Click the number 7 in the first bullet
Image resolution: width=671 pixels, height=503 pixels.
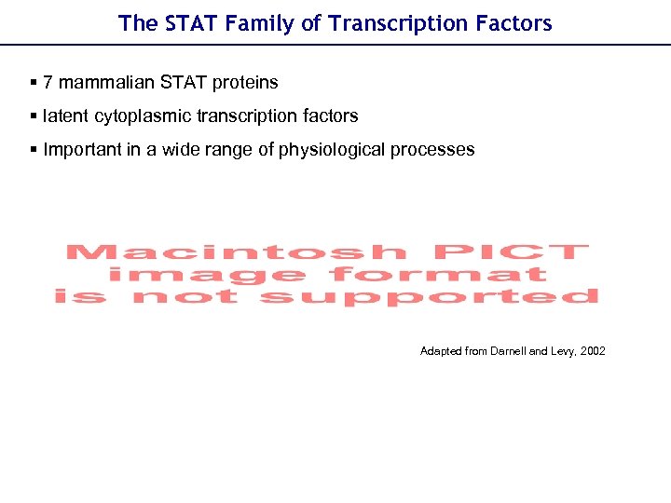point(48,83)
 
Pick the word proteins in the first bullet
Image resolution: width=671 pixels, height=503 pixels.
point(245,83)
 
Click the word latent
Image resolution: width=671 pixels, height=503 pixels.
point(65,116)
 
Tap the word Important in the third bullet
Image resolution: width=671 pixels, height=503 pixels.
point(81,150)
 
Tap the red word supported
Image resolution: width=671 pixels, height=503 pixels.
point(429,297)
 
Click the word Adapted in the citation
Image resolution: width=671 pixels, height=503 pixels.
point(439,351)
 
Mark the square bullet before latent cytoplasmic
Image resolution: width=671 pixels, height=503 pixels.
point(34,116)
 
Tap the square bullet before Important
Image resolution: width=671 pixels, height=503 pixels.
point(34,150)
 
